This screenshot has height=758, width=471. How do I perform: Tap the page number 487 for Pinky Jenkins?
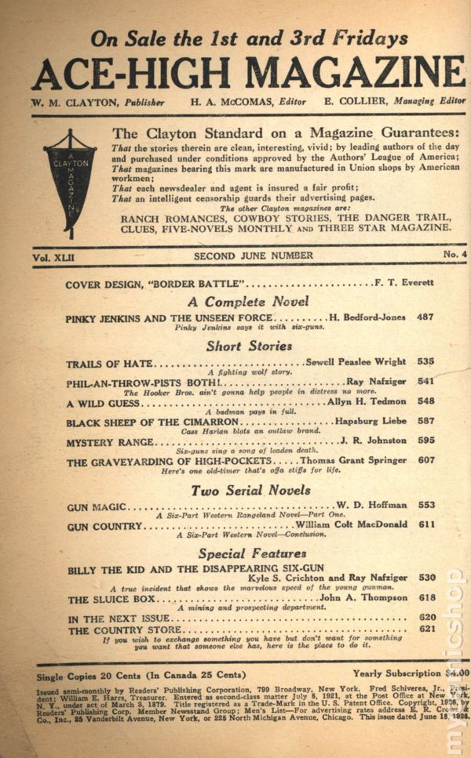[425, 317]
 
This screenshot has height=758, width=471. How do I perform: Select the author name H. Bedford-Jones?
[360, 317]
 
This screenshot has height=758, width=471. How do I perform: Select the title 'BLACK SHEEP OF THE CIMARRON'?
[141, 423]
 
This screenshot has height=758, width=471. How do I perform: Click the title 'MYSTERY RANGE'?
[109, 443]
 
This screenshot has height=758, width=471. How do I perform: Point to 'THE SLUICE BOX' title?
[111, 599]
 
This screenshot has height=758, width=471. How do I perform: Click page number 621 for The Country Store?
[425, 629]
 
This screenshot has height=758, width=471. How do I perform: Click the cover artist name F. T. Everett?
[401, 283]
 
